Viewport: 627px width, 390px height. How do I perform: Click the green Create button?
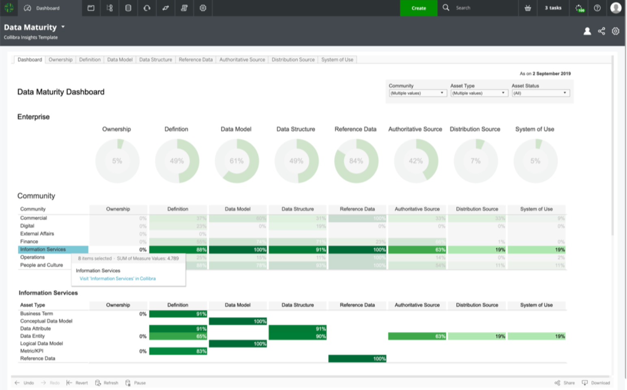point(418,8)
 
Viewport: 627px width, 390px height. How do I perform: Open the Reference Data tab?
point(195,60)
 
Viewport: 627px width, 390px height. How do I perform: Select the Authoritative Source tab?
point(242,60)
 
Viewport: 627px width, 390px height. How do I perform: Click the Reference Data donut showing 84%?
point(356,161)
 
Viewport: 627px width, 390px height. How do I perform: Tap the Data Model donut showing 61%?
point(237,161)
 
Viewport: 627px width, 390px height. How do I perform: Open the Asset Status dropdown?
point(540,93)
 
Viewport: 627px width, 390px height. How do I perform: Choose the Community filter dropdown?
point(417,93)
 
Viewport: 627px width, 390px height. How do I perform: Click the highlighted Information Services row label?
point(53,249)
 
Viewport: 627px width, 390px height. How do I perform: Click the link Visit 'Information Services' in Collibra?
point(117,279)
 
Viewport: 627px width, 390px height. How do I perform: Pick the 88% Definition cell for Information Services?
point(178,250)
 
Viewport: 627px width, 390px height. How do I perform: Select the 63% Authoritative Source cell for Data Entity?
point(417,336)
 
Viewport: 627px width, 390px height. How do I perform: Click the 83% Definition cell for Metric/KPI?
point(178,351)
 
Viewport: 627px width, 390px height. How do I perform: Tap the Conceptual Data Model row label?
point(46,321)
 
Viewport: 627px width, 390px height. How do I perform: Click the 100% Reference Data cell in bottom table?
point(357,359)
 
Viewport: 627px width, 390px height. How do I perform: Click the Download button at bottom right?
point(596,383)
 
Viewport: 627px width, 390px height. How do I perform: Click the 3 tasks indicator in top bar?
point(553,8)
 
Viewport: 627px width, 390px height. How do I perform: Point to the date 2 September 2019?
point(551,74)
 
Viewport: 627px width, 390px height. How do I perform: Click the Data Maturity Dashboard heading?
point(61,92)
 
